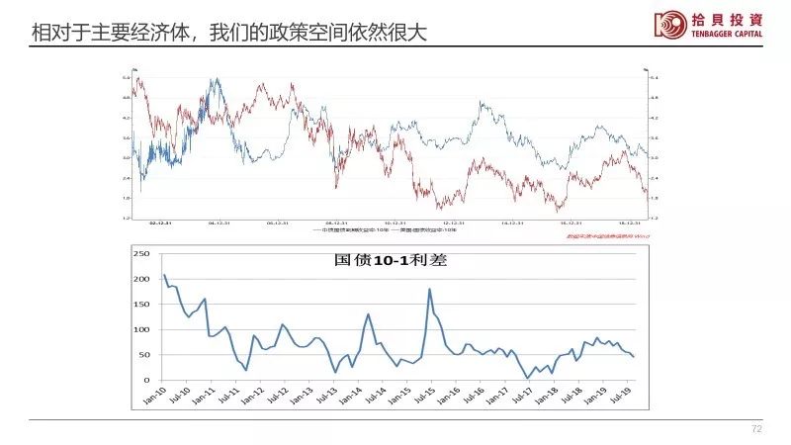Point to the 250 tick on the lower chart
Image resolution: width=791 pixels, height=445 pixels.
point(140,253)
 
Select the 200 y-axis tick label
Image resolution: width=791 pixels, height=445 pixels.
point(140,279)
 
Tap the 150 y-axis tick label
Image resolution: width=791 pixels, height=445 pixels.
point(140,305)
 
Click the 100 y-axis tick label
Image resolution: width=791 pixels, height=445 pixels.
point(140,329)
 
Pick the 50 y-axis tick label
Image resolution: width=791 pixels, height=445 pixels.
point(142,355)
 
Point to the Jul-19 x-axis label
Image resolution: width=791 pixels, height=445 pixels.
point(621,397)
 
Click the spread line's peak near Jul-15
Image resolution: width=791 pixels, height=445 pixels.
point(429,289)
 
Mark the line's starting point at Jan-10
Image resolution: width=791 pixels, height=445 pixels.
point(164,275)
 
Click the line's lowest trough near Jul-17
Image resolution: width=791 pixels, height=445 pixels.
point(528,378)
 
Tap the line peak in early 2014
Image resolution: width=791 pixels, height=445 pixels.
point(368,314)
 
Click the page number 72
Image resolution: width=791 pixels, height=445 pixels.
point(757,429)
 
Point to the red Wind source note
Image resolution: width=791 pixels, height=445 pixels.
point(603,237)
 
